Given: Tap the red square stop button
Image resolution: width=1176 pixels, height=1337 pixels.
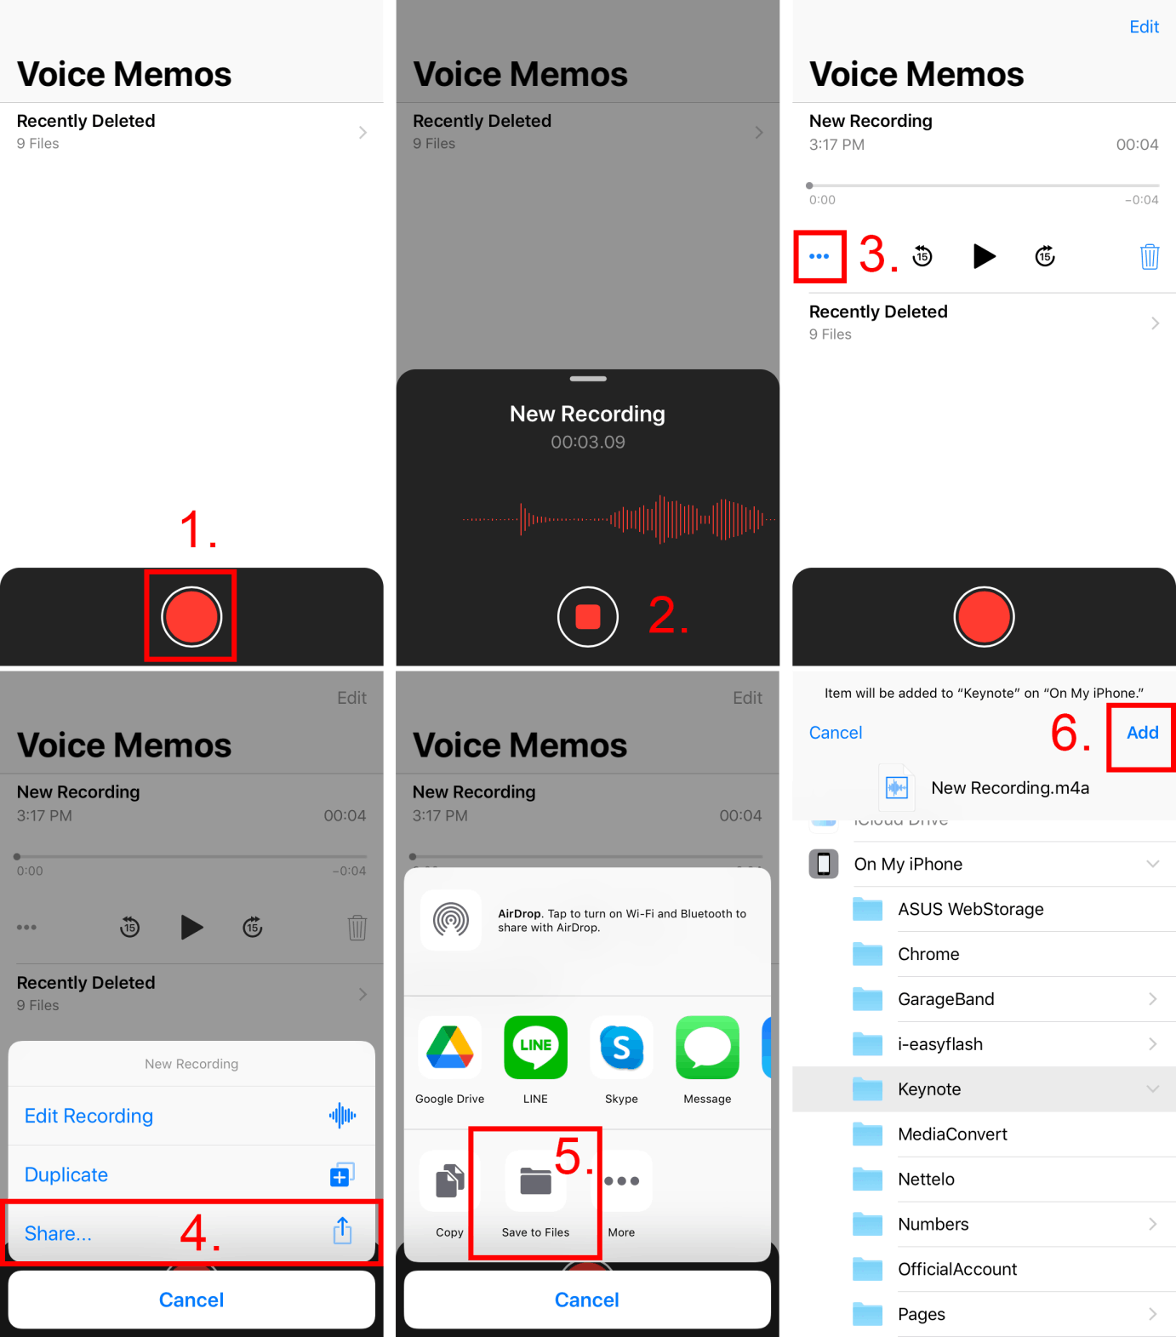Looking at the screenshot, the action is pyautogui.click(x=587, y=616).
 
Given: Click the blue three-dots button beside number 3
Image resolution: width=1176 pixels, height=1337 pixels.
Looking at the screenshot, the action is pyautogui.click(x=819, y=256).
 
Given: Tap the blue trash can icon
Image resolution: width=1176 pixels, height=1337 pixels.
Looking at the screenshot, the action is pyautogui.click(x=1150, y=256).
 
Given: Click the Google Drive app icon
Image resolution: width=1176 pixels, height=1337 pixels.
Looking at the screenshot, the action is pyautogui.click(x=450, y=1047).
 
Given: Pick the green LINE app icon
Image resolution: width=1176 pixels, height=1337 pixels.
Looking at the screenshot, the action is pyautogui.click(x=535, y=1047).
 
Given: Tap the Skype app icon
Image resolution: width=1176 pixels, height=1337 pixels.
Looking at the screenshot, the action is pyautogui.click(x=621, y=1047).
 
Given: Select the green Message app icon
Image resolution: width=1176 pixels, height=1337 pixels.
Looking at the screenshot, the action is pyautogui.click(x=707, y=1047).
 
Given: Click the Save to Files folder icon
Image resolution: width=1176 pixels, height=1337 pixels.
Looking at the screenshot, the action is pyautogui.click(x=535, y=1180).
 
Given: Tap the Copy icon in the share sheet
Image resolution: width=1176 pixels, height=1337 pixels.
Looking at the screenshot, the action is pyautogui.click(x=449, y=1180).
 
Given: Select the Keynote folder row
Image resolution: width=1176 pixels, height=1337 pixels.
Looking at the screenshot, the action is pyautogui.click(x=984, y=1089).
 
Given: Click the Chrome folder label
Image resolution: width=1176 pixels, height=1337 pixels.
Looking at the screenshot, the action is pyautogui.click(x=928, y=954).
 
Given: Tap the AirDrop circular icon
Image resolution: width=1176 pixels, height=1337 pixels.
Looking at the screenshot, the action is pyautogui.click(x=451, y=919).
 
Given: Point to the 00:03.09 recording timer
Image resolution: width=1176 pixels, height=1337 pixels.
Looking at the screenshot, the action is pyautogui.click(x=587, y=442).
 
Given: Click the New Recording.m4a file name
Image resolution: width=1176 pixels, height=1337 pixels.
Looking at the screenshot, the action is pyautogui.click(x=1010, y=788).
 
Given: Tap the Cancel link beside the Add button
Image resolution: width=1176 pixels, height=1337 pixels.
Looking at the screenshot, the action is pyautogui.click(x=836, y=733).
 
